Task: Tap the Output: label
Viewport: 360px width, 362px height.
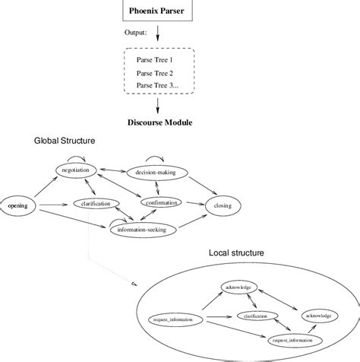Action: point(136,33)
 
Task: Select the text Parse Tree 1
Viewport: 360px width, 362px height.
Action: point(156,59)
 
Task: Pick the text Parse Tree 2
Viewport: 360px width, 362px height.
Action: point(156,73)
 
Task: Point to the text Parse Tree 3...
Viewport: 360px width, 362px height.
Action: point(157,87)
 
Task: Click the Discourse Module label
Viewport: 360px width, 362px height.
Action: point(159,122)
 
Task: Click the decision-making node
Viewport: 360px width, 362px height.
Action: point(155,173)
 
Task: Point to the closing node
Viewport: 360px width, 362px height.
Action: point(223,205)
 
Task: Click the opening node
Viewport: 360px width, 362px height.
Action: point(17,205)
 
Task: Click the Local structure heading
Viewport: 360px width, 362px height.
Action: point(237,252)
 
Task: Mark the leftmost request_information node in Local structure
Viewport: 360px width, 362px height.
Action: point(173,320)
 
